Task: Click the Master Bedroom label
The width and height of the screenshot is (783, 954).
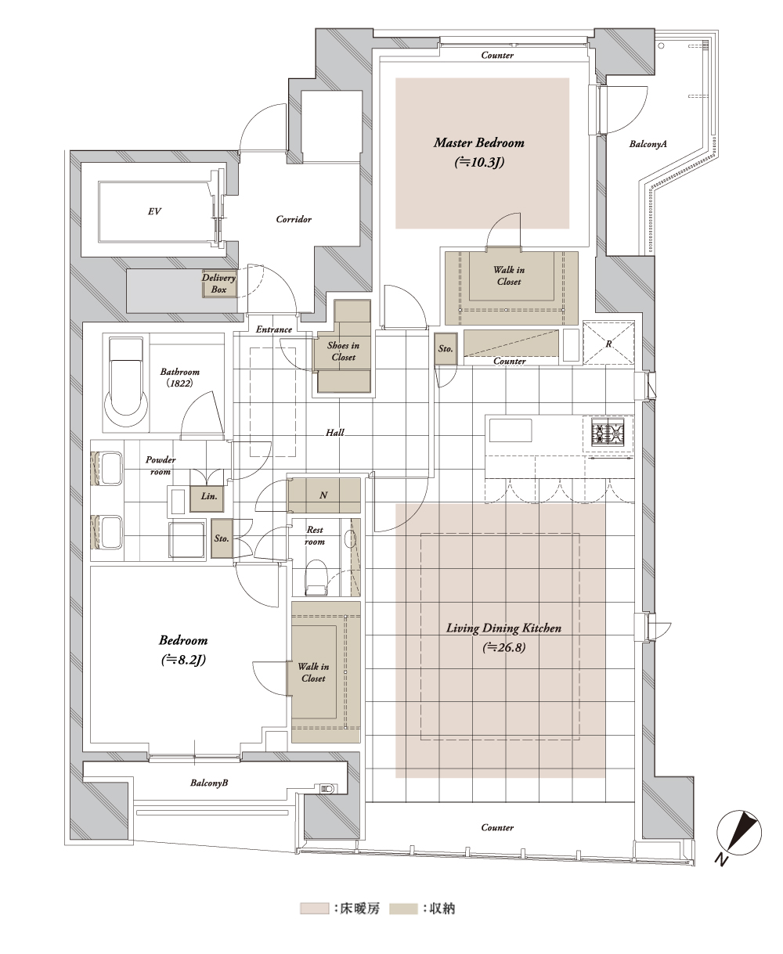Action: pos(479,143)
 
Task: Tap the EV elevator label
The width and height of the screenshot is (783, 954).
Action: pos(154,211)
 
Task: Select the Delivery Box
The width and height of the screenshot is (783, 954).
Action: pos(219,283)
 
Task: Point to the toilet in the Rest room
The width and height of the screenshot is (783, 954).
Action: pos(316,578)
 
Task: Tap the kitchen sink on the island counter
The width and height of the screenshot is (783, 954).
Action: pos(510,430)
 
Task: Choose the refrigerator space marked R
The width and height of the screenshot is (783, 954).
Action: pos(608,343)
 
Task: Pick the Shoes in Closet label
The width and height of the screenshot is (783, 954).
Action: pos(344,351)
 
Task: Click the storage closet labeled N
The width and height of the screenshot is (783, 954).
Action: pos(324,495)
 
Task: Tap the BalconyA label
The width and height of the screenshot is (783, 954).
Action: pos(648,144)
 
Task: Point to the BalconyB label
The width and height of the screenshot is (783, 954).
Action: pos(209,783)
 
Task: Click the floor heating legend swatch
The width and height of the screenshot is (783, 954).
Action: pos(314,909)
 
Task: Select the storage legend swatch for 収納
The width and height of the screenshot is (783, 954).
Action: pos(403,909)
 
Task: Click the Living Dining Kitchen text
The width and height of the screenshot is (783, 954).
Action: pos(503,628)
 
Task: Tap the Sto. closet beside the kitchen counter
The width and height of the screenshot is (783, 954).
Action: pos(446,348)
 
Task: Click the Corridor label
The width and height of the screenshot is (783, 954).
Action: pos(294,219)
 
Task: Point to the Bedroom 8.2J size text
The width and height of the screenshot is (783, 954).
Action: pos(183,660)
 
